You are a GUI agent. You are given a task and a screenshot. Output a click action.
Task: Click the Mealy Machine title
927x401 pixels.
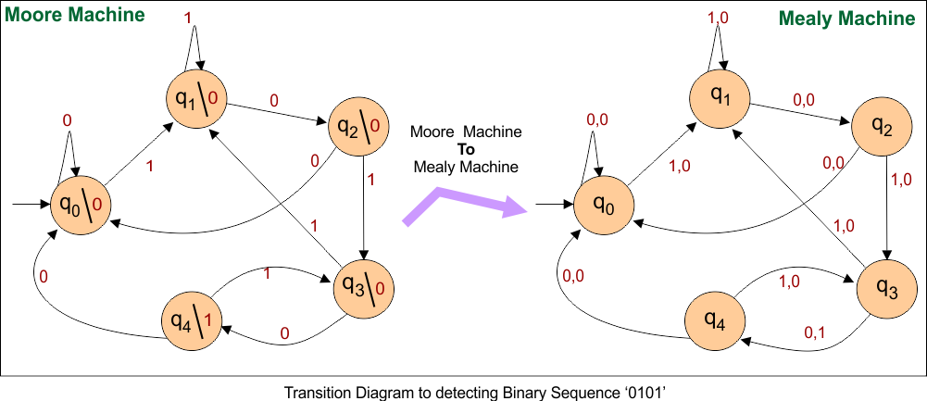[846, 19]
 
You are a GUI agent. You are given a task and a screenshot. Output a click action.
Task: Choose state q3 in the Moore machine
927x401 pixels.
[364, 286]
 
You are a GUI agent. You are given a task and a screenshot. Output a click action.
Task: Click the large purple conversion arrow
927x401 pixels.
[463, 205]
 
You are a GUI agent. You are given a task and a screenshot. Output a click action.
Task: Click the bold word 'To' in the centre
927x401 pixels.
[466, 150]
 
